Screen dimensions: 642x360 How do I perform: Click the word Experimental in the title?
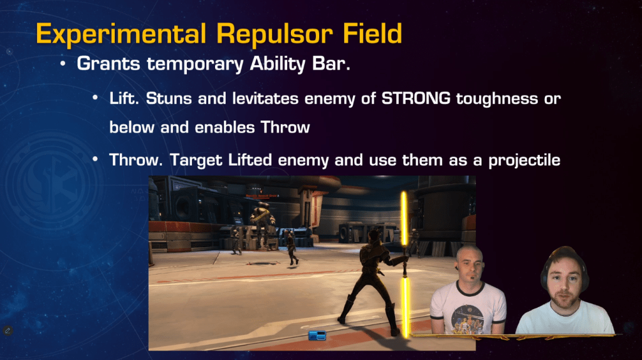coord(121,34)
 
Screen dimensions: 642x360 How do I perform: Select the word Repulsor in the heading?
coord(274,34)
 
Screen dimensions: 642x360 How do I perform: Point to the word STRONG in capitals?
coord(416,98)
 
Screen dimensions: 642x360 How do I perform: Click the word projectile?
coord(524,160)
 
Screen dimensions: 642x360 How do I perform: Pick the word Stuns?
coord(169,98)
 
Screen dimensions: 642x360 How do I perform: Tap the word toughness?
coord(497,99)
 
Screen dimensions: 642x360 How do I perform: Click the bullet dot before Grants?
coord(63,64)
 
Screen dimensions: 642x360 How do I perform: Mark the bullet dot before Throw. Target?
coord(95,159)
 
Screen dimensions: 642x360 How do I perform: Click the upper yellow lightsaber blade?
coord(404,218)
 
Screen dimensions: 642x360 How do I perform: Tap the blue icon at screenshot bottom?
coord(317,336)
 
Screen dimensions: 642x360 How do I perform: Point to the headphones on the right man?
coord(565,266)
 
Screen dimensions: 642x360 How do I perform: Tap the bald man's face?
coord(470,265)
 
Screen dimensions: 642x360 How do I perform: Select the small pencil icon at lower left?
coord(8,330)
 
